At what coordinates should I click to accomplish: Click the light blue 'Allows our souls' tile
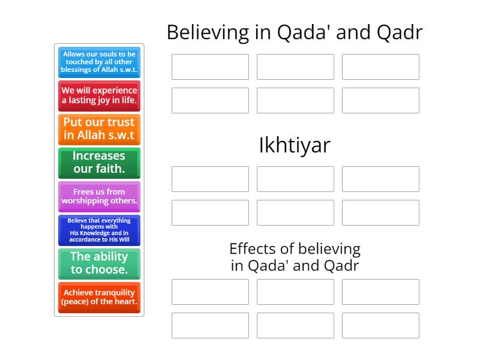point(99,62)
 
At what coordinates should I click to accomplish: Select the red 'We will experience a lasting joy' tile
point(99,96)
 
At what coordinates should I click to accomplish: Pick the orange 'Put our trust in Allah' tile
point(99,129)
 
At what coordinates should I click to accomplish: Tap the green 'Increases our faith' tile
point(99,163)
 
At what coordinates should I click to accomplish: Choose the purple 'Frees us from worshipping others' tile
point(99,196)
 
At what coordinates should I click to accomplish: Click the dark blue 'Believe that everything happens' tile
point(99,230)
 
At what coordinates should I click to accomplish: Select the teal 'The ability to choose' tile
point(99,263)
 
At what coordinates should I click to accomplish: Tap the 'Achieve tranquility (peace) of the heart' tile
point(99,297)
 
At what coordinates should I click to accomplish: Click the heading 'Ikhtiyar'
point(295,145)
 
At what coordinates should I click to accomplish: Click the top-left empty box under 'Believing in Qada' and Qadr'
point(210,67)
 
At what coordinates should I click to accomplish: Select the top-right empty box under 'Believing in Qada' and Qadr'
point(380,67)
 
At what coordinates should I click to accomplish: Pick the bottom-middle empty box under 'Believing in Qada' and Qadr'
point(295,100)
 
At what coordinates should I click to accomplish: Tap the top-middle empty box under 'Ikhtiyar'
point(295,179)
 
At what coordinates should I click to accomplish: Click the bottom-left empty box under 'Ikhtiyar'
point(210,212)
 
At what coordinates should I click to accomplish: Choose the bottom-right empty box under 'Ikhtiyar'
point(380,212)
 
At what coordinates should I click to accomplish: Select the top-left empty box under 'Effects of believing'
point(210,292)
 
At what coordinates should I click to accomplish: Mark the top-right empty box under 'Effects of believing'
point(380,292)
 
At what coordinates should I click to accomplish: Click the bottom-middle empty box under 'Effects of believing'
point(295,325)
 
